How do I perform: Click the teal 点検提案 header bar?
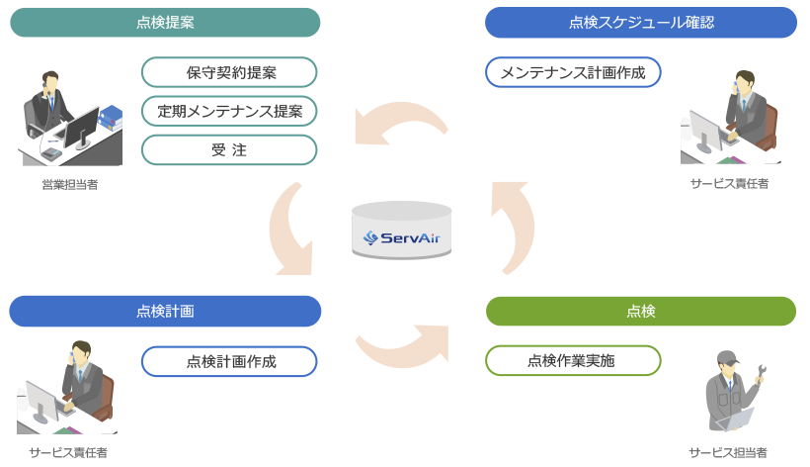click(x=165, y=23)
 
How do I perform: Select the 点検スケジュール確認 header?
click(x=641, y=23)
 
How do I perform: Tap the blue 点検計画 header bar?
click(x=165, y=311)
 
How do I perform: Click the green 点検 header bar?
click(x=641, y=311)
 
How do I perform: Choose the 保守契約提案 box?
click(x=229, y=72)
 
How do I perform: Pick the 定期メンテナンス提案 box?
click(x=229, y=111)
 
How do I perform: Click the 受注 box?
click(x=229, y=149)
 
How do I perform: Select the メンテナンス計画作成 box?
click(x=573, y=72)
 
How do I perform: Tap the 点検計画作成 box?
click(x=229, y=361)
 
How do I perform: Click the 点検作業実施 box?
click(x=573, y=361)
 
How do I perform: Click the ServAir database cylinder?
click(x=402, y=233)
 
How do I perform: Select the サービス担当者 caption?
click(x=728, y=451)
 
